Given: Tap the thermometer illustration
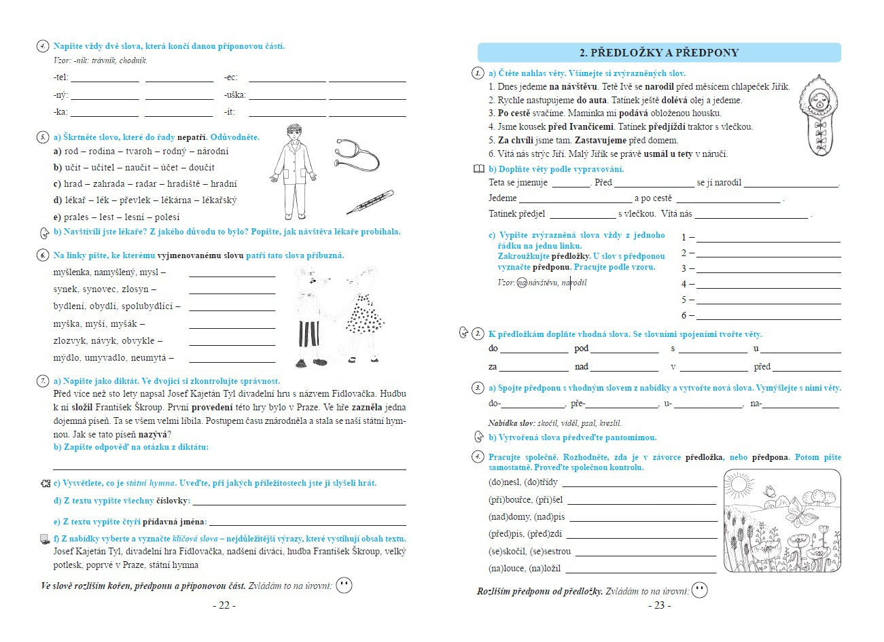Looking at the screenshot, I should pos(369,202).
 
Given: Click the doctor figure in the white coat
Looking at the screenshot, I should pos(294,171).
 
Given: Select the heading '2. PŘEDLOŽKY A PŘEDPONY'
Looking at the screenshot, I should pos(658,52).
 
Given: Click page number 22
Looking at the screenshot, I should pos(224,605).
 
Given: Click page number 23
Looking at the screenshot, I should pos(659,605).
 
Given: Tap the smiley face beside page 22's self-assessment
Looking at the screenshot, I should pos(344,585).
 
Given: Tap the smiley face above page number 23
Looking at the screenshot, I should pos(699,590).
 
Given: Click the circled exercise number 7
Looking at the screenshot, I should pos(43,381).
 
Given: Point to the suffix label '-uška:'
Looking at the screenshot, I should pos(235,95).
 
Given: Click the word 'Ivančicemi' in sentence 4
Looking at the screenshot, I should pos(591,126).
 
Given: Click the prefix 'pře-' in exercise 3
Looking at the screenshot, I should pos(578,404).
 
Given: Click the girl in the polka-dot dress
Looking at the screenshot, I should pos(364,313).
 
